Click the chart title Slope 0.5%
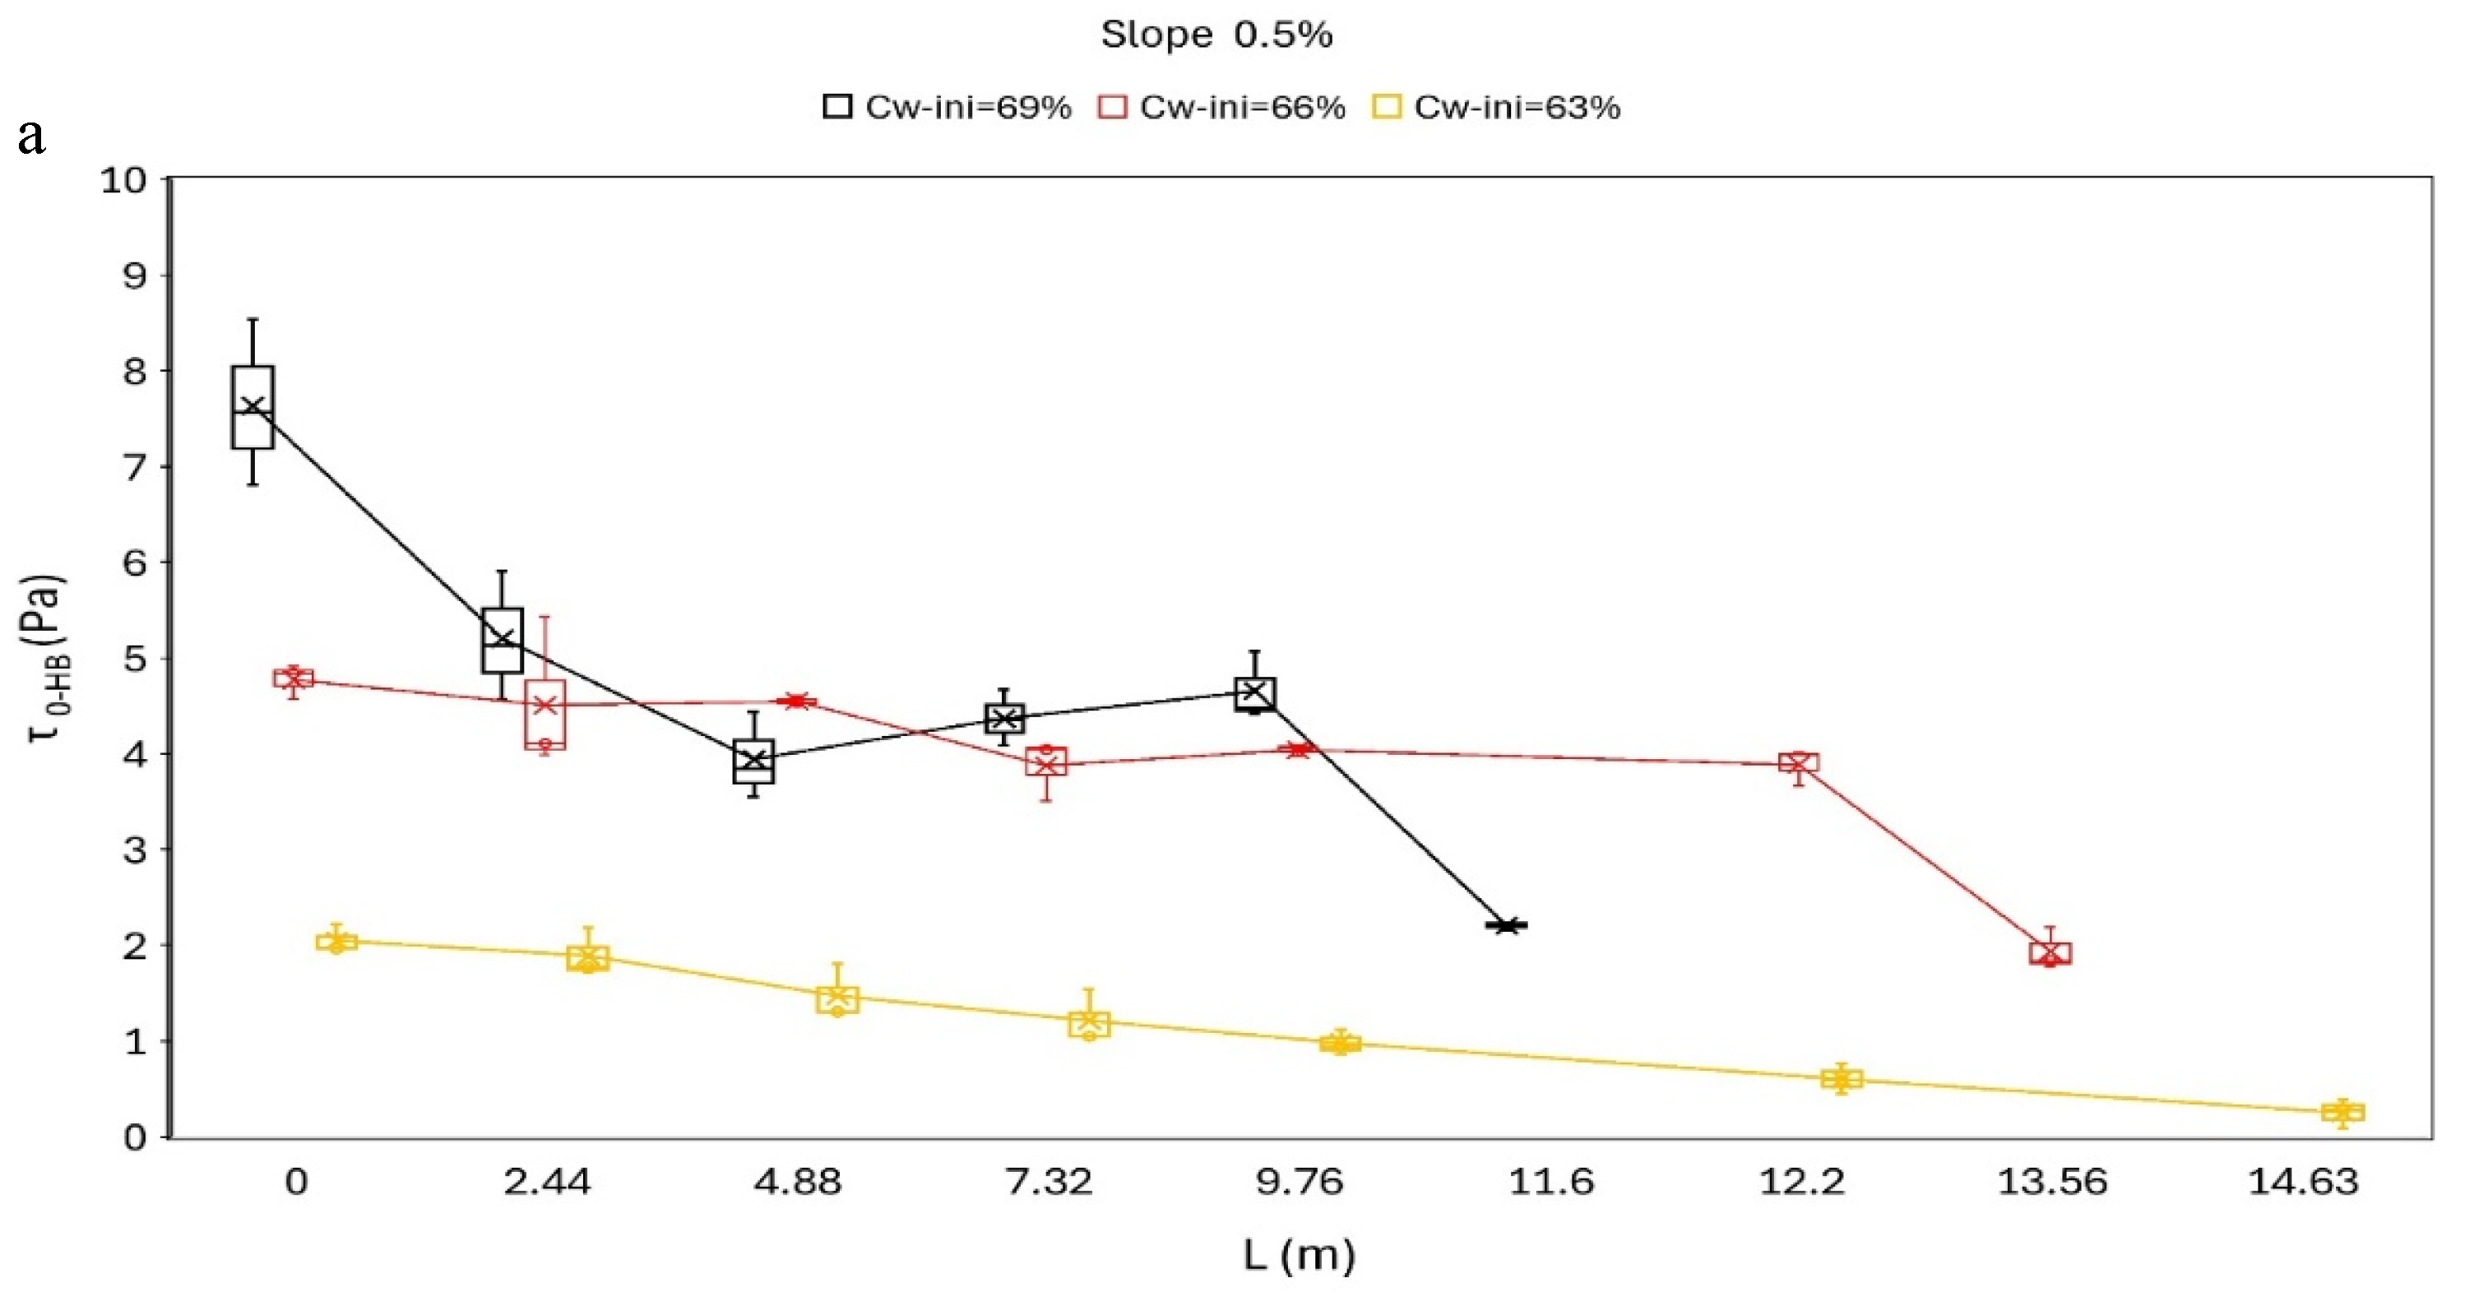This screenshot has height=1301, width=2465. tap(1216, 35)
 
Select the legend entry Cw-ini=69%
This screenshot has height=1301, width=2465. tap(948, 106)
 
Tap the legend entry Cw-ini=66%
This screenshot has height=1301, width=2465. tap(1222, 106)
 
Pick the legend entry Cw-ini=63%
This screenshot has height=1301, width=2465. tap(1497, 106)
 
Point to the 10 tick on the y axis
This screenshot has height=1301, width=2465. tap(124, 180)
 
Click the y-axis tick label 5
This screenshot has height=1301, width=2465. tap(135, 659)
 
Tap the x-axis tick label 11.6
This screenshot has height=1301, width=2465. tap(1551, 1183)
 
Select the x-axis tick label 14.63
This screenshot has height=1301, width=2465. tap(2303, 1183)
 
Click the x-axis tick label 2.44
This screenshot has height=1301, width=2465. tap(547, 1183)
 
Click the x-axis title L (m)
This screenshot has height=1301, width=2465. tap(1300, 1255)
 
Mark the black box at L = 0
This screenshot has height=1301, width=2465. tap(253, 406)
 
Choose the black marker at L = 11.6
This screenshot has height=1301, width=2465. tap(1507, 925)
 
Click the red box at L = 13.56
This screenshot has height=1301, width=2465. tap(2050, 953)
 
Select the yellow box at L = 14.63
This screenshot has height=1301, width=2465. tap(2343, 1112)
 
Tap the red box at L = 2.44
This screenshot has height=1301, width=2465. tap(545, 714)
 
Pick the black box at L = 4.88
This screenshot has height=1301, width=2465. tap(754, 762)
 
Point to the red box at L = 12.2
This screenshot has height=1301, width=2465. tap(1799, 762)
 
